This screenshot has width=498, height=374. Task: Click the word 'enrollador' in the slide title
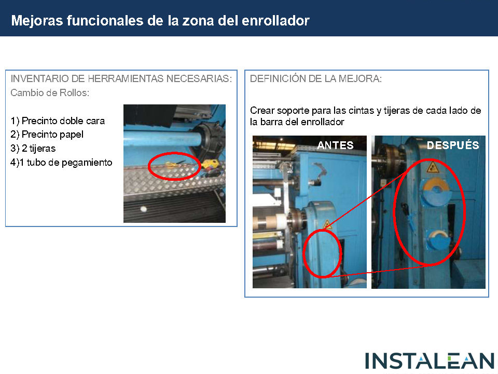(x=275, y=21)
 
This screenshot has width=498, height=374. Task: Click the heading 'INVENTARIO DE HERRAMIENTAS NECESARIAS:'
(x=121, y=78)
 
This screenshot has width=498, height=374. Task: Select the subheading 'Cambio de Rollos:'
(x=50, y=93)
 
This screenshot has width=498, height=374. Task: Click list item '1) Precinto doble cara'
(x=58, y=121)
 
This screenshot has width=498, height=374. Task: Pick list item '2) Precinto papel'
(x=47, y=135)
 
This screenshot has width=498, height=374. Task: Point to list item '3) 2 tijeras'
(x=33, y=149)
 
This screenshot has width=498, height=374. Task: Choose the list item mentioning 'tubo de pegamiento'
(x=61, y=163)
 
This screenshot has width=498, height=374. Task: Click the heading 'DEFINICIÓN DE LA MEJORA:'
(x=316, y=78)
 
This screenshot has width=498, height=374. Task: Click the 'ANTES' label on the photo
(x=335, y=145)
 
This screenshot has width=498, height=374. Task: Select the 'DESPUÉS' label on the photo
(x=453, y=145)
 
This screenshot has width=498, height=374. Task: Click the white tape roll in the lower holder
(x=438, y=235)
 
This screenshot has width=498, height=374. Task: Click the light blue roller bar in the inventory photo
(x=162, y=139)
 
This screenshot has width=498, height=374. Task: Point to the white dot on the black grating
(x=144, y=209)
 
